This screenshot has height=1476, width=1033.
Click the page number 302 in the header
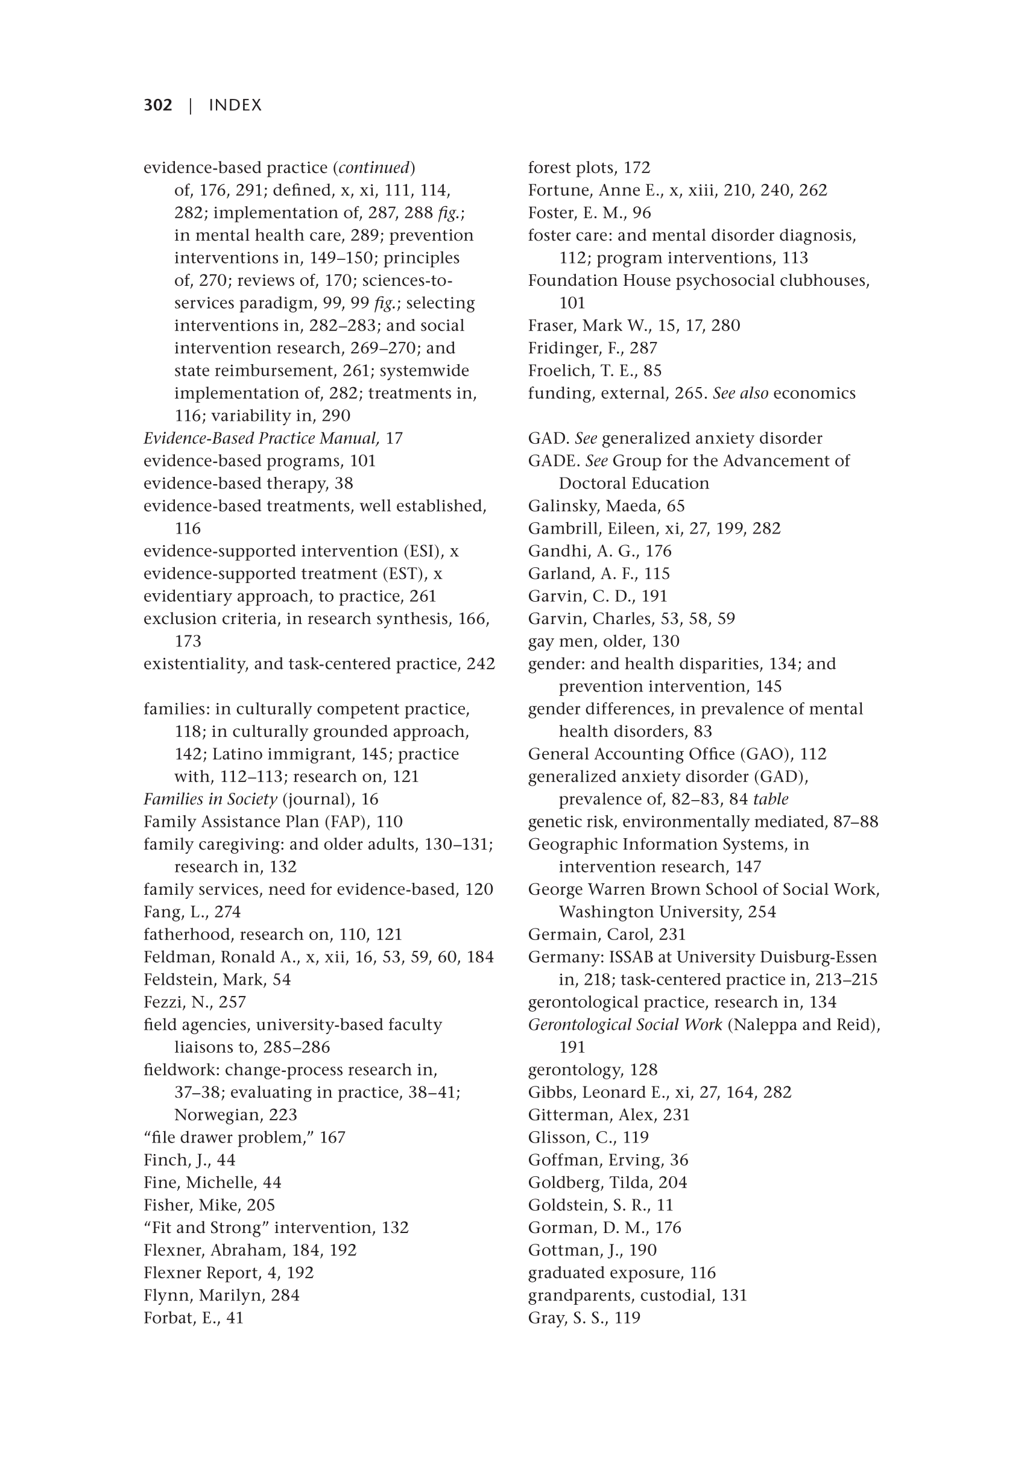[x=157, y=106]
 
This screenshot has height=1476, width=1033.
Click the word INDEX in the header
[x=235, y=106]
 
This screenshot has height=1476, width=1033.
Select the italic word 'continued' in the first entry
[x=373, y=168]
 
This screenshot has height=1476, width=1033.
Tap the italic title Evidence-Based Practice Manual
[x=261, y=438]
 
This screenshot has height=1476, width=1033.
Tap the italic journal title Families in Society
[x=210, y=799]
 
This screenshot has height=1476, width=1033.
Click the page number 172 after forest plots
[x=636, y=168]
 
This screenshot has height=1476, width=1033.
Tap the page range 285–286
[x=296, y=1047]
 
